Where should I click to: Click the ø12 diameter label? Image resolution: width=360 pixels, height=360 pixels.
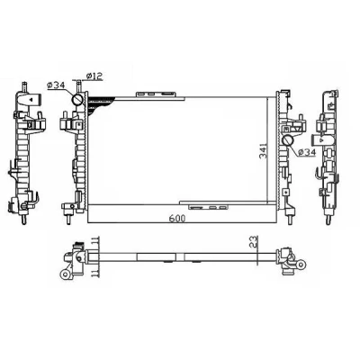coord(94,76)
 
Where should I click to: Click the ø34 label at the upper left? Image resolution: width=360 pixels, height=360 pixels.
coord(56,85)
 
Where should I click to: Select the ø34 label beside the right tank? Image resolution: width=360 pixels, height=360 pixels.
coord(307,152)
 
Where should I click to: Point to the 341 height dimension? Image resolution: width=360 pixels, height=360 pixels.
coord(263,151)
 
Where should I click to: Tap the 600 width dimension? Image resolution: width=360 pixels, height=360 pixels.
coord(177,219)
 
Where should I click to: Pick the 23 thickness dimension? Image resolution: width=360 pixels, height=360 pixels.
coord(254,241)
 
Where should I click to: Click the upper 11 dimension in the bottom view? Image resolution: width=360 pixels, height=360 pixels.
coord(95,240)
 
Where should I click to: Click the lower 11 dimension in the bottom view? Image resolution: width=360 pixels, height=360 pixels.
coord(95,274)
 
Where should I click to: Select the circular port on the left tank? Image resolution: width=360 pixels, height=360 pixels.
coord(77,99)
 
